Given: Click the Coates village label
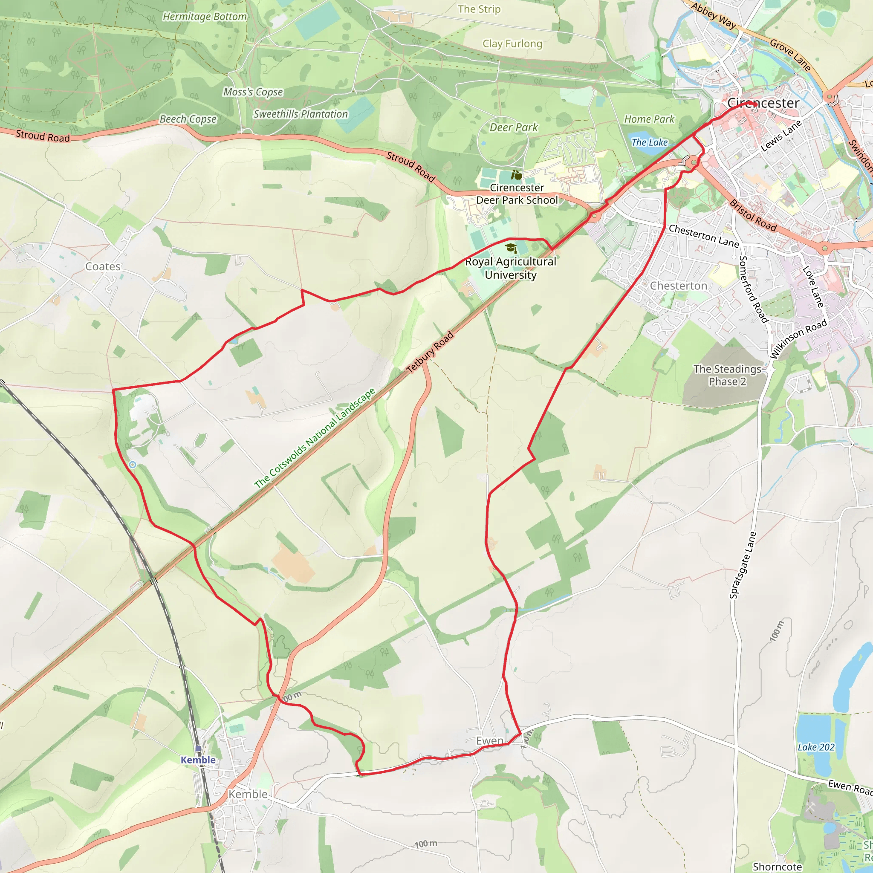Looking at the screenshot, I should pos(103,266).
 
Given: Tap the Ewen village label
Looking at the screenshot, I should pos(490,740).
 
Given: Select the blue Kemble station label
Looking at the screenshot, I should pos(198,760).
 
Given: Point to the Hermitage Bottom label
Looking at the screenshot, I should pos(205,17).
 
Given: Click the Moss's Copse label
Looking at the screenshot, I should pos(253,92).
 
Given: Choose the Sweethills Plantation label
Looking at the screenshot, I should pos(301,114).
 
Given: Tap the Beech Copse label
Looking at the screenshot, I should pos(188,119).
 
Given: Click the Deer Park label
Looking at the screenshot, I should pos(514,127).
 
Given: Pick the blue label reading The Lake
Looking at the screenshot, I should pos(649,142).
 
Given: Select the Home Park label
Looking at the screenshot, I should pos(649,119).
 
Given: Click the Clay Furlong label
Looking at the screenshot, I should pos(512,44).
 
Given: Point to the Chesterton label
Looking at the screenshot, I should pos(678,286).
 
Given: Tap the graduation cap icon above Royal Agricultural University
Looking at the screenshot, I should pos(511,248).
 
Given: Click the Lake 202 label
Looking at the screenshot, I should pos(816,747).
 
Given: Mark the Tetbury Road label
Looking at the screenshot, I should pos(430,353).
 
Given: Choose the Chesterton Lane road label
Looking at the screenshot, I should pos(703,236).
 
